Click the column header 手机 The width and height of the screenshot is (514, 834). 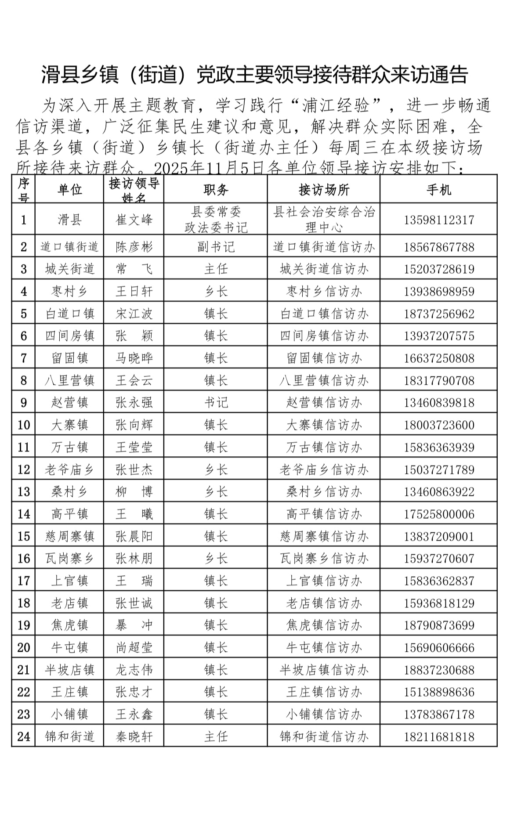(x=438, y=190)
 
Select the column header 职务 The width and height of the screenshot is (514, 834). (x=216, y=190)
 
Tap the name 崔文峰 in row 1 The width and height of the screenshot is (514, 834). (x=134, y=220)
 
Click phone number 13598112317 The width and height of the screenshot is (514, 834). (x=439, y=220)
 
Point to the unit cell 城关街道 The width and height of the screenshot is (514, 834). (x=70, y=269)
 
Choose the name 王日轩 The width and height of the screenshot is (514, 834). (x=134, y=291)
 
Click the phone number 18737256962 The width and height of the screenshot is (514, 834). (x=439, y=314)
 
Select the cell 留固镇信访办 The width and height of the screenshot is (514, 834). (x=324, y=358)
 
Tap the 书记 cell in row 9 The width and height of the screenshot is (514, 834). (x=216, y=403)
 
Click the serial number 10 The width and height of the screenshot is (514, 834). (x=24, y=425)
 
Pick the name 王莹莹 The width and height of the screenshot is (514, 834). (x=134, y=447)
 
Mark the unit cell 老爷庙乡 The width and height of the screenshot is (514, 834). (x=70, y=469)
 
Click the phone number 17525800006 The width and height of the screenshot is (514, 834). (x=439, y=514)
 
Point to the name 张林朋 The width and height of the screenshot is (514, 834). (x=134, y=558)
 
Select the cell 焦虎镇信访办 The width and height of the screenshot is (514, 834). (x=324, y=625)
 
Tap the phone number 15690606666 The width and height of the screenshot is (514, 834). (x=439, y=647)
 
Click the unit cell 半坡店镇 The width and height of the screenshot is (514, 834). (x=70, y=670)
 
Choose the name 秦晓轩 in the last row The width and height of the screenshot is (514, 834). (x=134, y=737)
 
